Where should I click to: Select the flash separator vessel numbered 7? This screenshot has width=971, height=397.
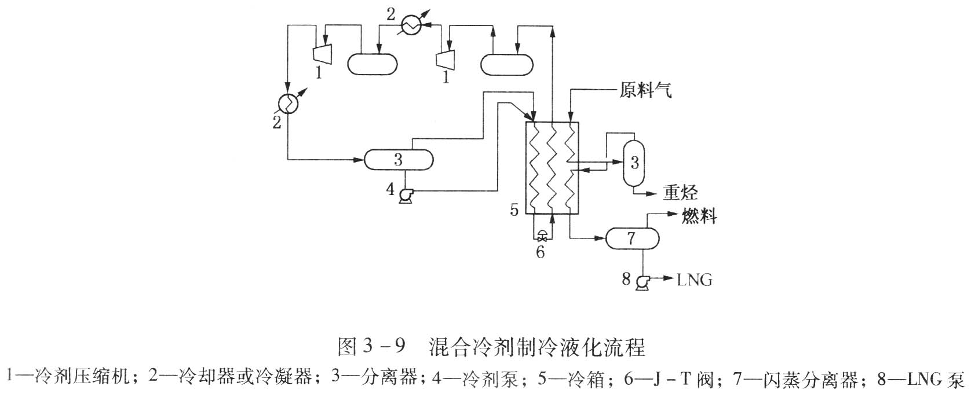pos(632,237)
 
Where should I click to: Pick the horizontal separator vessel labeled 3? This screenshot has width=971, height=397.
pos(399,159)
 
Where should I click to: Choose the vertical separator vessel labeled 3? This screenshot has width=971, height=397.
pos(634,163)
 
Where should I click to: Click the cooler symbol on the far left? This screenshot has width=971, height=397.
pos(288,103)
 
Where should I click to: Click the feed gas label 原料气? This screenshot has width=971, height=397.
pos(645,91)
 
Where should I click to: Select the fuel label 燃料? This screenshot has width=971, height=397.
pos(699,216)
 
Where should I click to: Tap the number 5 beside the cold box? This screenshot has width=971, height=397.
pos(514,209)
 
